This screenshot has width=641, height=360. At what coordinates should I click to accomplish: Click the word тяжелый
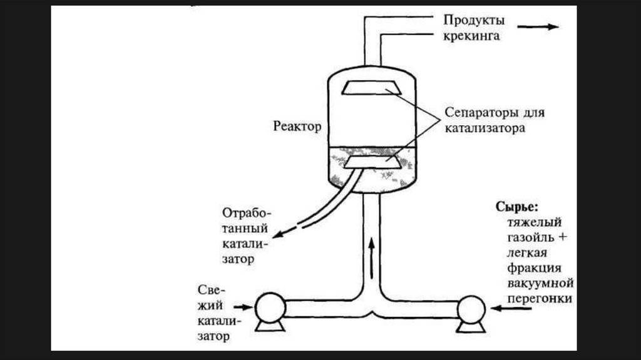pos(533,222)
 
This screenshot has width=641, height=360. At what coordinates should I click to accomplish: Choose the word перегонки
pos(540,299)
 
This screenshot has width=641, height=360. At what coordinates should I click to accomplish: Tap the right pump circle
pos(471,308)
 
